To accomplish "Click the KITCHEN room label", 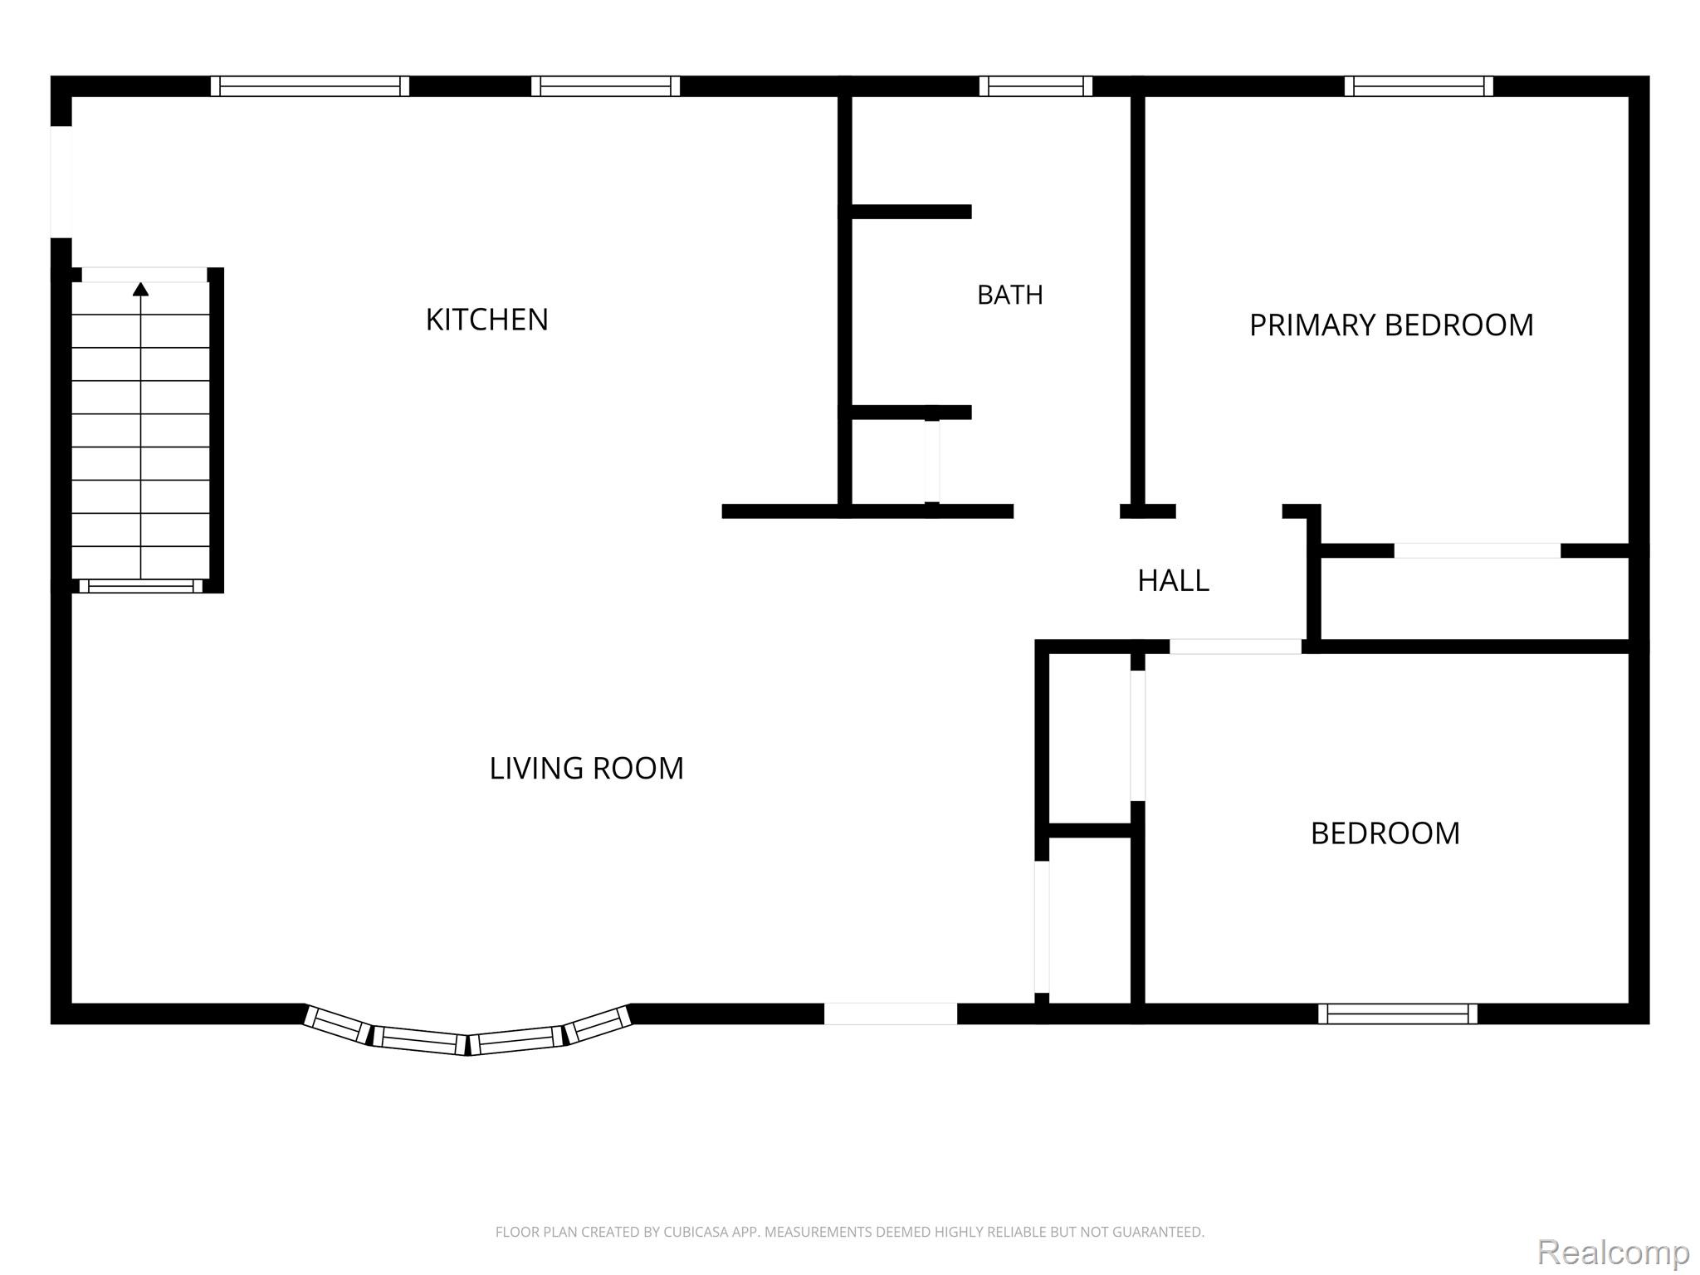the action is (486, 320).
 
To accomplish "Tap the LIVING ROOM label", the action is (586, 769).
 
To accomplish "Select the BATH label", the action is (1009, 295).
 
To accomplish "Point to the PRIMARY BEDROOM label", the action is (1391, 325).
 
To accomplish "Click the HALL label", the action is (1173, 581).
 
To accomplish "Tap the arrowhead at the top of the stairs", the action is (141, 289).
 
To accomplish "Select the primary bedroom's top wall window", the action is (1419, 86).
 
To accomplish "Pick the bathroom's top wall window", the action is (1036, 86).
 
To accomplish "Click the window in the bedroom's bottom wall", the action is (1398, 1014).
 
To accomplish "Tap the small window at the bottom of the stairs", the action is (141, 586).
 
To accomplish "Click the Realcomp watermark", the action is (1613, 1251).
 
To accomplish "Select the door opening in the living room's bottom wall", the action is (891, 1014).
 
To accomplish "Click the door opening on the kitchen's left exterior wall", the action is (61, 182).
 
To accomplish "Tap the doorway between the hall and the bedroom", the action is (1236, 647).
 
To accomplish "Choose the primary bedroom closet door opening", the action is (1478, 550).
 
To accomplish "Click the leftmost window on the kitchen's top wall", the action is (310, 86).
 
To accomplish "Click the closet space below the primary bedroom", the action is (1474, 598).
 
